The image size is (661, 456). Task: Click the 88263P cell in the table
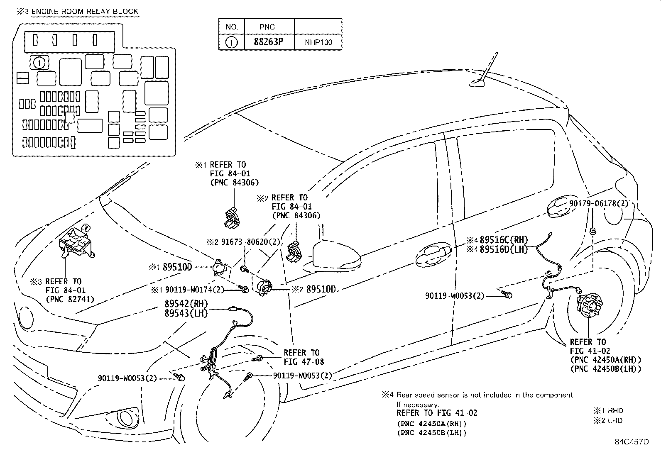[x=269, y=42]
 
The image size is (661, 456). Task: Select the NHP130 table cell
[x=318, y=42]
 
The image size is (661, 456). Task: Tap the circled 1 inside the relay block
[x=39, y=63]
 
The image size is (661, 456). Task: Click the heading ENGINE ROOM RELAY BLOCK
[x=85, y=12]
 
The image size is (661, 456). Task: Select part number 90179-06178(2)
[x=598, y=203]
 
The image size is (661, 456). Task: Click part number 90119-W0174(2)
[x=194, y=290]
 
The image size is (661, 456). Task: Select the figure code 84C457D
[x=632, y=442]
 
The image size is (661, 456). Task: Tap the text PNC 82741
[x=70, y=299]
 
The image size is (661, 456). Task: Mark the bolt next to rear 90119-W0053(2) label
[x=507, y=294]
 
